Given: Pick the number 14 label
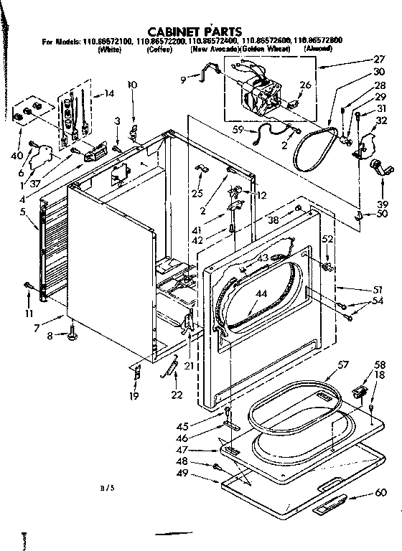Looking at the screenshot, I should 109,93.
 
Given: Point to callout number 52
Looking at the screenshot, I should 328,239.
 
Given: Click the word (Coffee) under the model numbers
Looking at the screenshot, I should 159,50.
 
